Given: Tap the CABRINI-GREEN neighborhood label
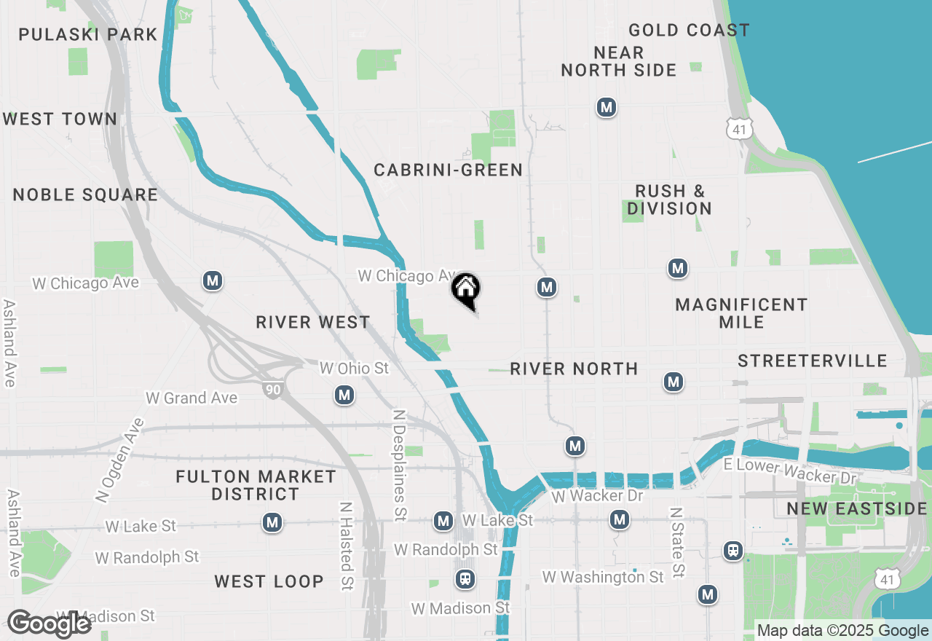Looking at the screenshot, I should pyautogui.click(x=448, y=170).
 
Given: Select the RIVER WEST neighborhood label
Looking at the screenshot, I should pyautogui.click(x=313, y=322).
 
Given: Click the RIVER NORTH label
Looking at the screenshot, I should pyautogui.click(x=574, y=369).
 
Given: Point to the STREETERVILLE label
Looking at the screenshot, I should pyautogui.click(x=812, y=361).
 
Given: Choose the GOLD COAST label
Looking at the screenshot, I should pyautogui.click(x=689, y=30).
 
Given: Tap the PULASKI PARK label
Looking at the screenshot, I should pyautogui.click(x=88, y=34).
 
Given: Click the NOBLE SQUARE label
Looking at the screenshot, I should pyautogui.click(x=85, y=194).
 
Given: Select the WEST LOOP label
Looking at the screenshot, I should pyautogui.click(x=269, y=581).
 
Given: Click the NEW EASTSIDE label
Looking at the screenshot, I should pyautogui.click(x=857, y=508).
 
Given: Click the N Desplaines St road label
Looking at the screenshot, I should pyautogui.click(x=399, y=465).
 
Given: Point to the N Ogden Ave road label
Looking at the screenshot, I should pyautogui.click(x=119, y=460).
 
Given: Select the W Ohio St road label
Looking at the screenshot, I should pyautogui.click(x=354, y=369).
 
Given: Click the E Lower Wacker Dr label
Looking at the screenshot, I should pyautogui.click(x=790, y=472).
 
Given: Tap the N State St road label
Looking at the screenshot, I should pyautogui.click(x=678, y=543).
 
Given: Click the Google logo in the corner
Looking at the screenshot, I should pyautogui.click(x=50, y=624).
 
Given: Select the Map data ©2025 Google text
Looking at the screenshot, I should pyautogui.click(x=842, y=631).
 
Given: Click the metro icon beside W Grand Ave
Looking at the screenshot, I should pyautogui.click(x=344, y=396).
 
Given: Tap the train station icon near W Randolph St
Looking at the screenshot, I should pyautogui.click(x=464, y=579).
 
